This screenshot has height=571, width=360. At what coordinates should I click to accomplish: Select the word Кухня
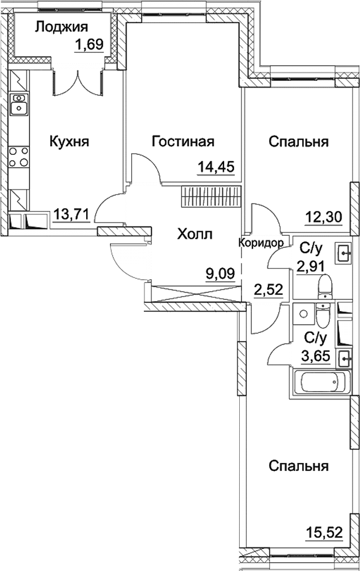point(69,141)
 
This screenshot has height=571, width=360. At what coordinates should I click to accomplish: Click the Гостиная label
point(183,141)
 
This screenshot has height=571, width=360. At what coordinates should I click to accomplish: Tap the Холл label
point(194,234)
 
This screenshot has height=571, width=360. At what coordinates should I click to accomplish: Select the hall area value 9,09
point(220,271)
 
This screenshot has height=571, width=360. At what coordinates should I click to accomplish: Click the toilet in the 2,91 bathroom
point(325,286)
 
